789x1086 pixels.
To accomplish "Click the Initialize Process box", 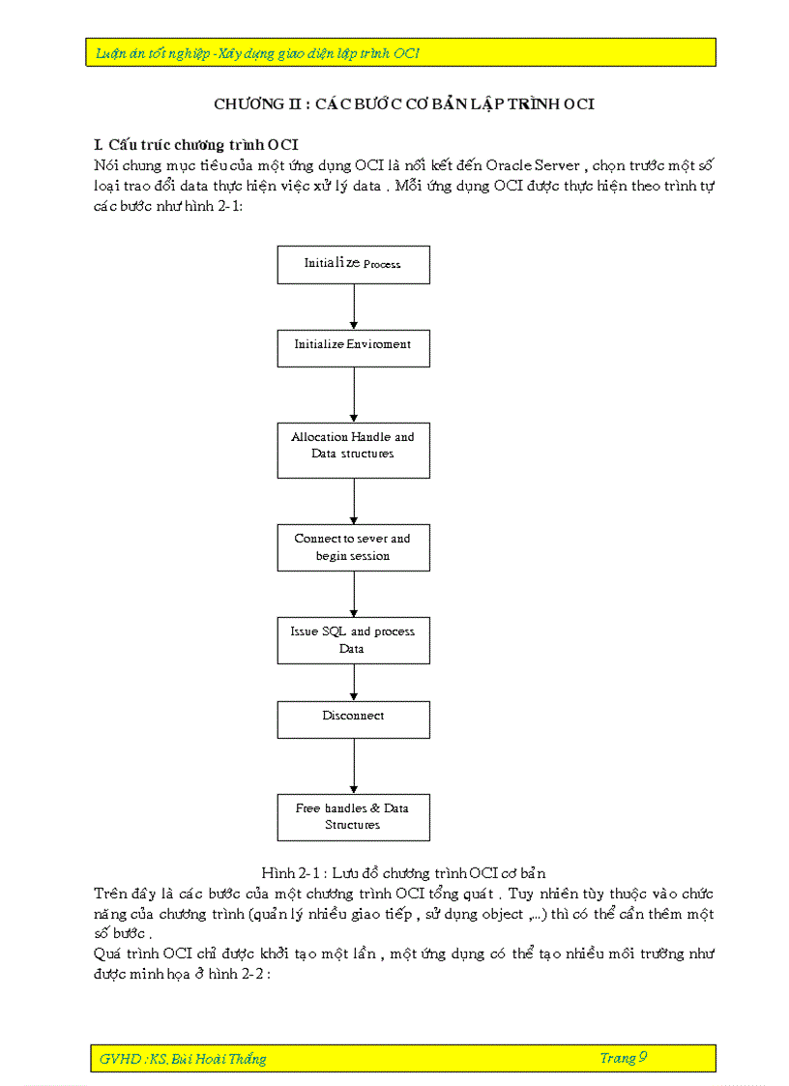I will [353, 264].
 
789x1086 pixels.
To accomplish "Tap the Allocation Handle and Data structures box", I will [353, 450].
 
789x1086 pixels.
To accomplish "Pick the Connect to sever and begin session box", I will [353, 547].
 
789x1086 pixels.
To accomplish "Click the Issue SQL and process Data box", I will [353, 640].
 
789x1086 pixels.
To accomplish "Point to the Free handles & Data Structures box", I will [353, 817].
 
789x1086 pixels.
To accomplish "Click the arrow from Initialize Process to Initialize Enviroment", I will [354, 307].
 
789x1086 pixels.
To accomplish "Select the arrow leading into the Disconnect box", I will [354, 683].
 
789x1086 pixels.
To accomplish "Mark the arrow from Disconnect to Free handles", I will [354, 766].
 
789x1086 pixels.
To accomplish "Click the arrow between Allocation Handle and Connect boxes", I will [354, 501].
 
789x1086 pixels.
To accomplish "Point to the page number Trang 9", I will [623, 1058].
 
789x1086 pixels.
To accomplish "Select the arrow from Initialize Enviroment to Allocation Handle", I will [354, 395].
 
